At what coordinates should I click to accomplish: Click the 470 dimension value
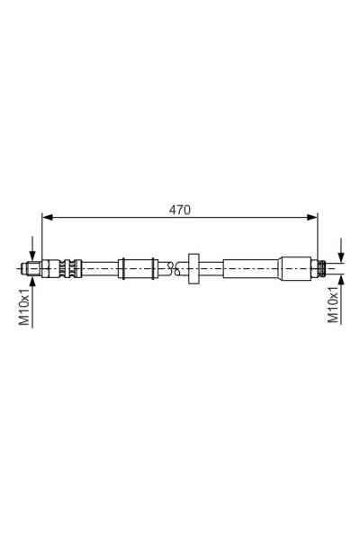(179, 209)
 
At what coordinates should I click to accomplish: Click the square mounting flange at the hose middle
(193, 266)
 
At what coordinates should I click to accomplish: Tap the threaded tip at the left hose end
(31, 266)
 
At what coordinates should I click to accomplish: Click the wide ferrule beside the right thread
(296, 266)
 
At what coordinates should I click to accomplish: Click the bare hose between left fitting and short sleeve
(99, 266)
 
